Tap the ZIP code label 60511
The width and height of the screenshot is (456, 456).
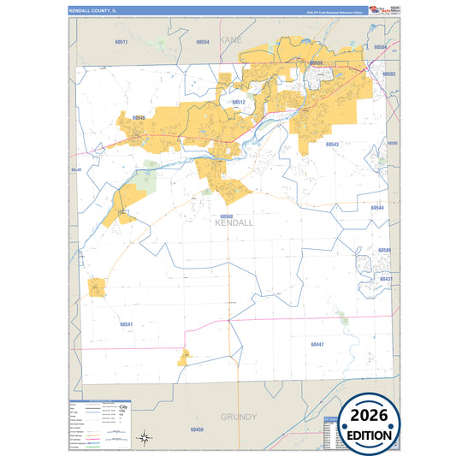pos(121,42)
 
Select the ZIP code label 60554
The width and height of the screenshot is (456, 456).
pos(202,41)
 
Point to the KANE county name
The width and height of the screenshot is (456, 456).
pos(231,40)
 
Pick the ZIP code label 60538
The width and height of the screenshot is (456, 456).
pos(317,62)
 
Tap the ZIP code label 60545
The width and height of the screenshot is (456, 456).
pos(138,117)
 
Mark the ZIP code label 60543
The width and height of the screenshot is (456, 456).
pos(332,145)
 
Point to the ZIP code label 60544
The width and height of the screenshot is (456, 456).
pos(377,208)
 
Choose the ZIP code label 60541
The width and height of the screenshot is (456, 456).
pos(127,324)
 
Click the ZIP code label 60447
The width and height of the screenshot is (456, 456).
pos(317,343)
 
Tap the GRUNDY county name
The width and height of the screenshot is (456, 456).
pos(239,417)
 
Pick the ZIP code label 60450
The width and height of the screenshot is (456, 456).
pos(198,429)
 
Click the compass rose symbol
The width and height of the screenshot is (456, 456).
pos(146,437)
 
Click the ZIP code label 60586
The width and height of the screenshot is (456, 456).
pos(385,250)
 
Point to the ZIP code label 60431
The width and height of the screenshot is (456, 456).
pos(385,279)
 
